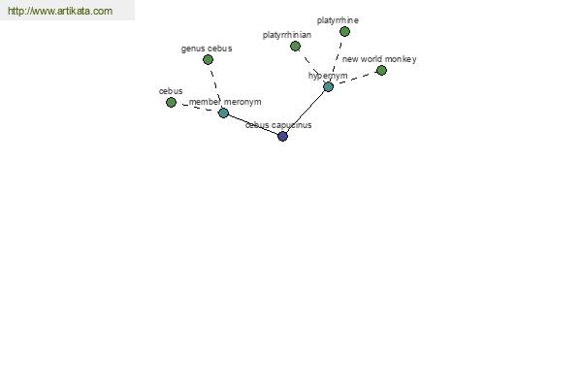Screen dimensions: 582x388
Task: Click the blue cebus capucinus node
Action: coord(282,136)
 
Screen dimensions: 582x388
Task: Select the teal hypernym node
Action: coord(328,87)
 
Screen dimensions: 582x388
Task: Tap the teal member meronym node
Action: coord(223,113)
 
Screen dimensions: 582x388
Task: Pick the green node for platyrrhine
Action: coord(344,32)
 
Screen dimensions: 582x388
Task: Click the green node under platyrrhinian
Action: coord(295,46)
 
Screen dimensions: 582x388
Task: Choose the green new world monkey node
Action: coord(381,70)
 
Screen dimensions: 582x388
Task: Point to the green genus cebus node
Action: coord(208,59)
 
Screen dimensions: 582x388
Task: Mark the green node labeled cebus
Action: coord(171,102)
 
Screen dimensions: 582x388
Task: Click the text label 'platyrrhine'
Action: coord(338,20)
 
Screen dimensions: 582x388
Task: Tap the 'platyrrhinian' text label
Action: coord(287,35)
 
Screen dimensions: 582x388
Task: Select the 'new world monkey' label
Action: coord(379,59)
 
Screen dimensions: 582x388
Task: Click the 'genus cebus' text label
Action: coord(207,48)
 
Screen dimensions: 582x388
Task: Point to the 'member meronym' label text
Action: coord(225,102)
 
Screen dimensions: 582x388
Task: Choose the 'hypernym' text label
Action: coord(328,76)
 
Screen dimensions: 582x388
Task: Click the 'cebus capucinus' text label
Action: coord(278,125)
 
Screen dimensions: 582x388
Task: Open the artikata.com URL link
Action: coord(60,11)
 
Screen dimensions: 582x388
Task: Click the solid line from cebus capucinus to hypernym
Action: coord(306,112)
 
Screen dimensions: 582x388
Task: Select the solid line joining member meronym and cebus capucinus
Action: coord(253,124)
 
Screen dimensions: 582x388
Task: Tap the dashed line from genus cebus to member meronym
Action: coord(215,86)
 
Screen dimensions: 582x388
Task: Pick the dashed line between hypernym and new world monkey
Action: coord(355,79)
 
